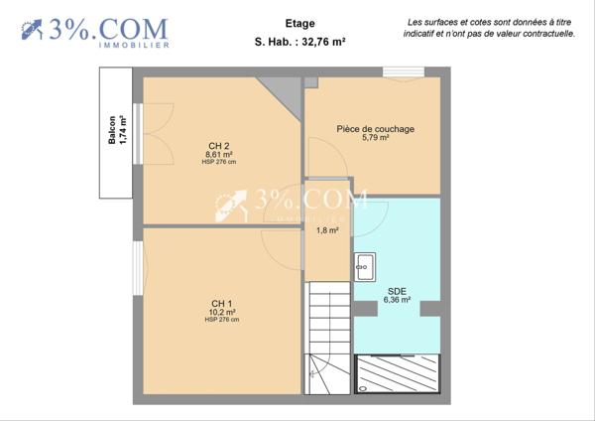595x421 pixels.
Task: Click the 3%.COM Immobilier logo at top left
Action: [94, 31]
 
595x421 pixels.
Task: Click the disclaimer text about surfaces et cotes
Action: [489, 27]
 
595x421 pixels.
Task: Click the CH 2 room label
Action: [219, 146]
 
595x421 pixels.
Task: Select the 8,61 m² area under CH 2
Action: [219, 155]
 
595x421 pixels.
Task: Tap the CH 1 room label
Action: [222, 303]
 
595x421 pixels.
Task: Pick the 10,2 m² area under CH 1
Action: [222, 312]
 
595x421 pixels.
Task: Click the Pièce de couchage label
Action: [375, 129]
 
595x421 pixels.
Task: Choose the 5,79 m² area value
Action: [375, 138]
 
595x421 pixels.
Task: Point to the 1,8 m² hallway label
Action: [327, 230]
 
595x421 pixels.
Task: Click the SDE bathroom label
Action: [397, 291]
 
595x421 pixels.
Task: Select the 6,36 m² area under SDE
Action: [397, 300]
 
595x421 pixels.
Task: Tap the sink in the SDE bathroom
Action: [364, 265]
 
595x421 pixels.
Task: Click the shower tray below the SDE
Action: [398, 373]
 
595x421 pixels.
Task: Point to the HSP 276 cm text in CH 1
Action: [222, 320]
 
